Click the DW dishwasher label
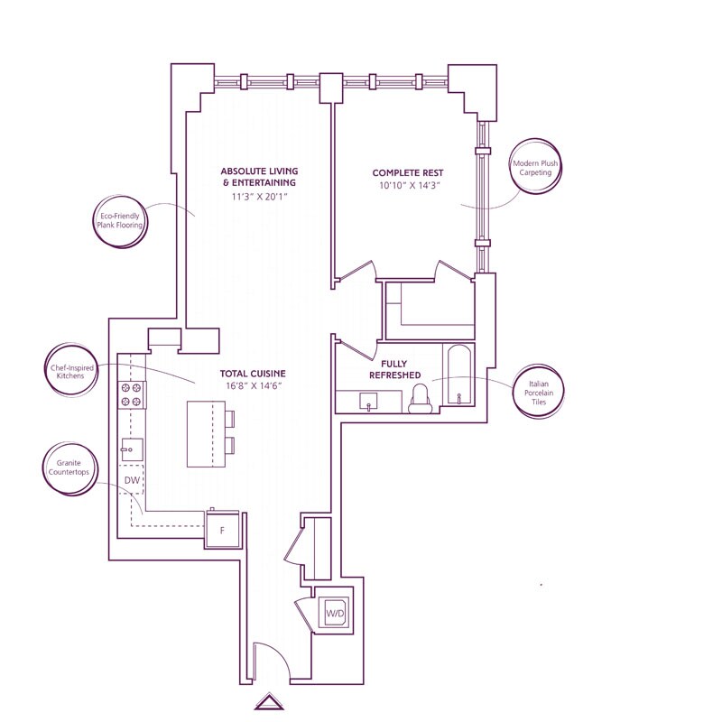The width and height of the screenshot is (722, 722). pyautogui.click(x=132, y=480)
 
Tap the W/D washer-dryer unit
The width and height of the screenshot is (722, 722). pyautogui.click(x=335, y=613)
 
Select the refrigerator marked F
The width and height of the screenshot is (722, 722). pyautogui.click(x=222, y=529)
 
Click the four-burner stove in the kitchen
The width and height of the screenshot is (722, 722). pyautogui.click(x=131, y=395)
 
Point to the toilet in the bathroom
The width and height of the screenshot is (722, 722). pyautogui.click(x=421, y=399)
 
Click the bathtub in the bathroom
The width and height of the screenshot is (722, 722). pyautogui.click(x=458, y=375)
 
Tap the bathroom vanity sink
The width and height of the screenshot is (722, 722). pyautogui.click(x=368, y=401)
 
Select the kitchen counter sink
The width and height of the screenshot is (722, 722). pyautogui.click(x=132, y=449)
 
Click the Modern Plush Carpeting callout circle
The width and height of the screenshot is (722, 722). pyautogui.click(x=535, y=168)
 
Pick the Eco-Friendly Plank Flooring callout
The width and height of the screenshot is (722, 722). pyautogui.click(x=120, y=221)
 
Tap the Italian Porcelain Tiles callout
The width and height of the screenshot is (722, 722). pyautogui.click(x=539, y=393)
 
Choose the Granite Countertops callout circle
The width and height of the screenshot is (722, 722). pyautogui.click(x=69, y=467)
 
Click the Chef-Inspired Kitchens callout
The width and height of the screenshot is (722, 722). pyautogui.click(x=71, y=371)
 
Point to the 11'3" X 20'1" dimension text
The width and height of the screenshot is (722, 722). pyautogui.click(x=259, y=197)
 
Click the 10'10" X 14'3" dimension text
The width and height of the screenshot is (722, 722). pyautogui.click(x=408, y=186)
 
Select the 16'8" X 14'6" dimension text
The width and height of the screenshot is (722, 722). pyautogui.click(x=254, y=385)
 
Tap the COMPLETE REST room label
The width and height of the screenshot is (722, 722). pyautogui.click(x=408, y=173)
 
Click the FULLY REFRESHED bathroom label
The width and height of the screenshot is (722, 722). pyautogui.click(x=394, y=369)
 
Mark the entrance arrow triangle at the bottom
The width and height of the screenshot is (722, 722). pyautogui.click(x=269, y=702)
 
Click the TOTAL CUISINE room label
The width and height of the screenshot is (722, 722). pyautogui.click(x=253, y=374)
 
